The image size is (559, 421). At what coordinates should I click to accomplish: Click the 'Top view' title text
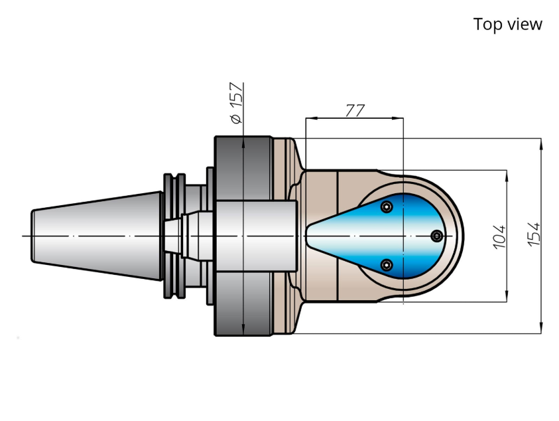(508, 25)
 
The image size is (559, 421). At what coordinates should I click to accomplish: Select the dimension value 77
(355, 110)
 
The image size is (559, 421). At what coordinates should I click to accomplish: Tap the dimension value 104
(499, 236)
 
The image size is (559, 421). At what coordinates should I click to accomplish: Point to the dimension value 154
(534, 234)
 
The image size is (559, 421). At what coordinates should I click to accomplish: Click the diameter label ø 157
(237, 103)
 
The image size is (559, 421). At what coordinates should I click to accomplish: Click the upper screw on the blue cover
(387, 207)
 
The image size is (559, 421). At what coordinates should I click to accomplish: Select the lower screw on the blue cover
(387, 265)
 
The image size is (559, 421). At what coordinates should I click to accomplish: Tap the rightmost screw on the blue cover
(437, 236)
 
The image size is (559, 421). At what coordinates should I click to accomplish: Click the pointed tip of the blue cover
(306, 236)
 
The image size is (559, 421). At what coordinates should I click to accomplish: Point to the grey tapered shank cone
(97, 236)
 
